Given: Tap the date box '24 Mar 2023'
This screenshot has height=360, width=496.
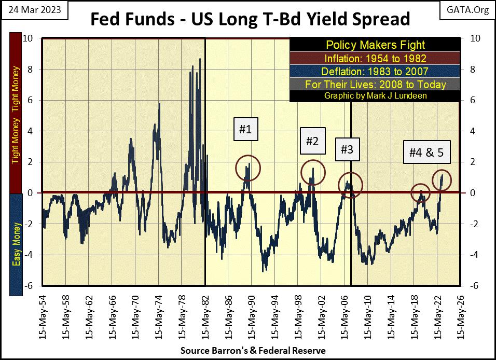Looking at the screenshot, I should click(x=34, y=10).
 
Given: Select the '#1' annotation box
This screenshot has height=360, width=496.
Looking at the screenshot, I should click(x=245, y=130).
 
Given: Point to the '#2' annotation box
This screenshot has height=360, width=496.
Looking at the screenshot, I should click(x=312, y=141).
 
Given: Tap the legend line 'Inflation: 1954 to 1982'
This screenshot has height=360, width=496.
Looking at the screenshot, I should click(x=375, y=58).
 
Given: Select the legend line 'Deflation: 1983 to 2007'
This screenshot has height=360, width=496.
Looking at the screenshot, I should click(x=375, y=71).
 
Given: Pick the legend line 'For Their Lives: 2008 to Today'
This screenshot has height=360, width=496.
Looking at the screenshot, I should click(x=375, y=84).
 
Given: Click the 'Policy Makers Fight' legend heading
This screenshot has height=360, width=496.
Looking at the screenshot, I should click(x=375, y=45).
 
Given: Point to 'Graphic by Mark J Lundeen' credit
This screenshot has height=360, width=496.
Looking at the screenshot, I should click(x=375, y=96).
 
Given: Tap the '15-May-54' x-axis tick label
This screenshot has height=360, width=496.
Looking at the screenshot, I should click(x=43, y=316).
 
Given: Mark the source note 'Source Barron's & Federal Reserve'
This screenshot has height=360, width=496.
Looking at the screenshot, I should click(x=253, y=351).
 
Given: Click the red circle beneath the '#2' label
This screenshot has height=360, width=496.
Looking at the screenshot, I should click(x=311, y=171).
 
